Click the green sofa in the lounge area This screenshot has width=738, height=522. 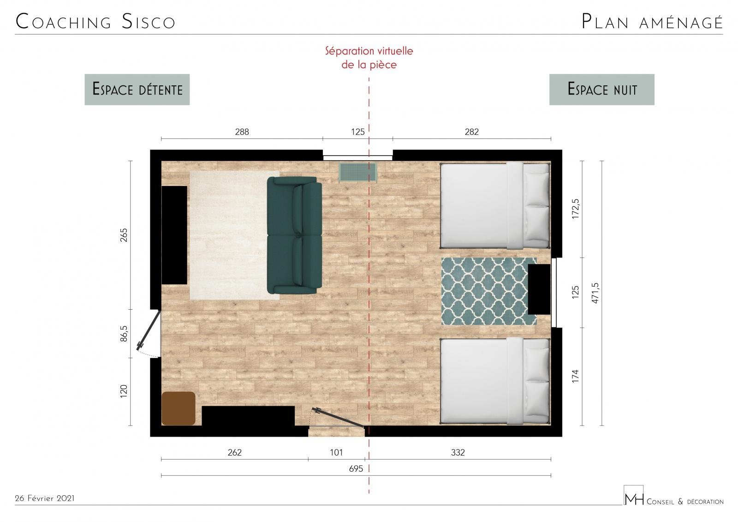click(294, 235)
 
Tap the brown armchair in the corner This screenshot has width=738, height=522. click(178, 408)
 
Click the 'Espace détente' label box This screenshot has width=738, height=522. click(137, 90)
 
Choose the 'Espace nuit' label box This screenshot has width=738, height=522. click(601, 90)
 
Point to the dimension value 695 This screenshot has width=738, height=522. click(356, 468)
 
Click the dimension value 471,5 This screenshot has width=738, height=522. click(595, 293)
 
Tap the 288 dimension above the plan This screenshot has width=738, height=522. click(242, 132)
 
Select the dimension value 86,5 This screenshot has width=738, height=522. click(124, 333)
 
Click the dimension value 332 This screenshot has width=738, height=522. click(458, 452)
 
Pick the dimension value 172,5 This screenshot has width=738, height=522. click(575, 209)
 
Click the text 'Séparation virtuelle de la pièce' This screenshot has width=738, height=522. click(369, 58)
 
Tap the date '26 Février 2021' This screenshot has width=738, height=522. click(44, 498)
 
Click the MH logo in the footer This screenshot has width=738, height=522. click(634, 495)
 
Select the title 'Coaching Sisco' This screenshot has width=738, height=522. click(95, 21)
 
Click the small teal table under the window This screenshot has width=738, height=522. click(358, 172)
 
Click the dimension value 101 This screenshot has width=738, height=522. click(336, 452)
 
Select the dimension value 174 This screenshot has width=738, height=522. click(575, 376)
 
